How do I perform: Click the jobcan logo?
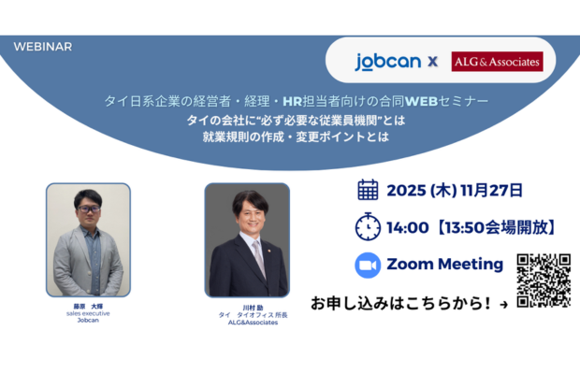coord(386,62)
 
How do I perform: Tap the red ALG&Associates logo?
coord(497,62)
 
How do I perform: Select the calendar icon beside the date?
coord(369,190)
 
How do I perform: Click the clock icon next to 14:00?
coord(369,227)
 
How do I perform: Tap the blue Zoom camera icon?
coord(369,265)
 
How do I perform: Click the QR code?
coord(544,280)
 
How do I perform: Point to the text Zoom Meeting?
coord(444,265)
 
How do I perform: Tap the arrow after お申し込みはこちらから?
coord(504,304)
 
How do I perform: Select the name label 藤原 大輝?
coord(89,305)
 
